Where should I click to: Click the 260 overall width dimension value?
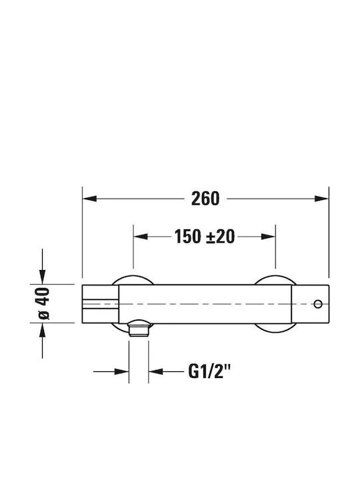(x=205, y=199)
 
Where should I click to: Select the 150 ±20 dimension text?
(x=205, y=236)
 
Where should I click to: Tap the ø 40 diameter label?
(x=43, y=303)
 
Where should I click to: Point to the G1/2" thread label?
(x=209, y=371)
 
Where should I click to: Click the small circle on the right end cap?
(x=318, y=304)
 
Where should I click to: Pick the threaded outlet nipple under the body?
(x=139, y=330)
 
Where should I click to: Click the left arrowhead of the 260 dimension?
(x=90, y=199)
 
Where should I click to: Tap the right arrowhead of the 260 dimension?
(x=321, y=199)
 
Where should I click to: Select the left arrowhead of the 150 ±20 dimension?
(x=141, y=236)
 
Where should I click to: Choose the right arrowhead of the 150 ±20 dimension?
(x=269, y=236)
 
